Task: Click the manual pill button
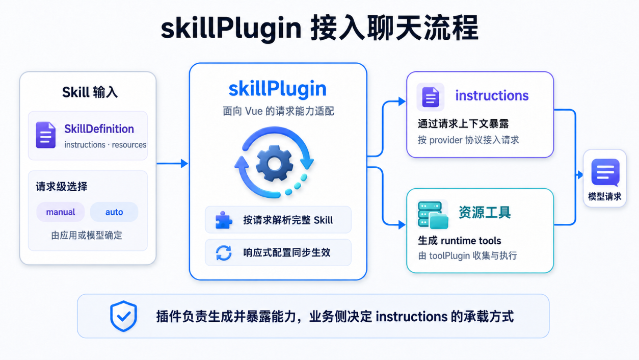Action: (x=61, y=212)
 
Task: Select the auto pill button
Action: (x=114, y=212)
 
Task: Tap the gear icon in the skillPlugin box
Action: (x=274, y=163)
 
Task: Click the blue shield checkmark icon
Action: (x=123, y=316)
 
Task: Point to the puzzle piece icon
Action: (x=224, y=220)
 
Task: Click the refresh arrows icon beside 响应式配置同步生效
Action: (x=224, y=252)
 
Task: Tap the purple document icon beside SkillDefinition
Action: (x=46, y=135)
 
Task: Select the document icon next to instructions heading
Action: (x=431, y=97)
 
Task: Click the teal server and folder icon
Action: (x=433, y=215)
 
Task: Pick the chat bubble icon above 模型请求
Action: (x=605, y=172)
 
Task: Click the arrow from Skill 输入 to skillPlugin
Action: (x=172, y=164)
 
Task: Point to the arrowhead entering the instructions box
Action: (x=402, y=101)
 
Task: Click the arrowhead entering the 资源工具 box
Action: (x=402, y=225)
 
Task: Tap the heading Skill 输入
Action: (x=90, y=92)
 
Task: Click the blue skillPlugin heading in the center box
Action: (x=278, y=89)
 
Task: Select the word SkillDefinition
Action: (x=99, y=129)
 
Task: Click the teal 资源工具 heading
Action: (x=485, y=213)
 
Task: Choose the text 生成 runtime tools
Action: (x=459, y=241)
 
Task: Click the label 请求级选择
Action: (x=62, y=187)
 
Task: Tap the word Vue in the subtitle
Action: (x=254, y=111)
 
